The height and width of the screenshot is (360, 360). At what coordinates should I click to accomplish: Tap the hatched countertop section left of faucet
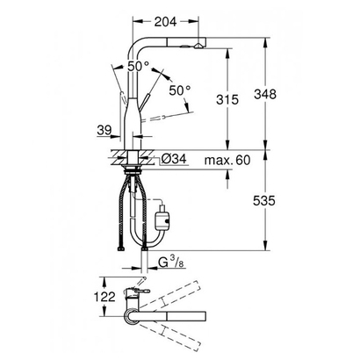(118, 157)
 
